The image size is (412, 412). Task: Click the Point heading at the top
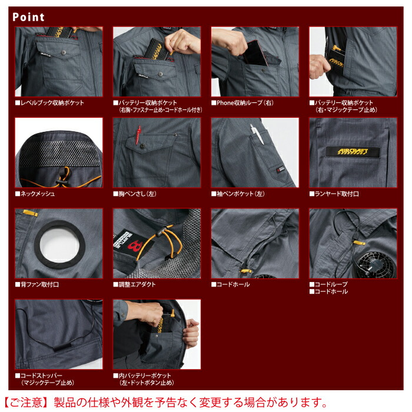(x=28, y=16)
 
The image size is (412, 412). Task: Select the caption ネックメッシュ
(x=37, y=194)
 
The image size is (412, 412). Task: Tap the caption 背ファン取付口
(x=39, y=285)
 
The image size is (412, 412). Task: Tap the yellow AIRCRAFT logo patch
(x=353, y=151)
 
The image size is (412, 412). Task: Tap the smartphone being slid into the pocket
(x=256, y=52)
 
